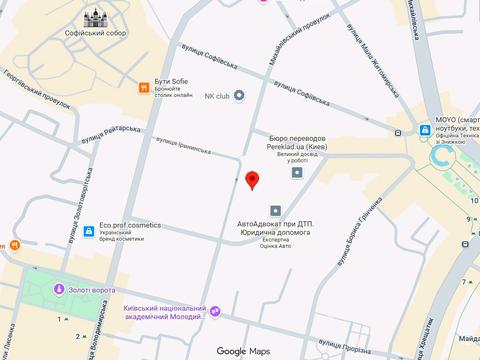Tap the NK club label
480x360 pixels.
217,96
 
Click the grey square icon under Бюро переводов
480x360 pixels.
296,172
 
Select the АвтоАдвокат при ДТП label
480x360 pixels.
273,226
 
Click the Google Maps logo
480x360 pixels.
244,351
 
